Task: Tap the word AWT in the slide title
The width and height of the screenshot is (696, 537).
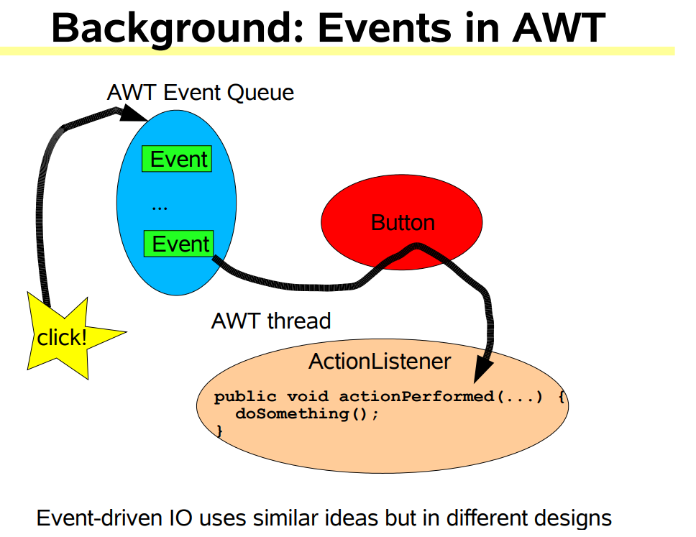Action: pos(559,27)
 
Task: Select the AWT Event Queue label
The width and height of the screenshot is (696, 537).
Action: pos(200,92)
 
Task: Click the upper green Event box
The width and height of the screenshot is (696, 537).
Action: pos(177,158)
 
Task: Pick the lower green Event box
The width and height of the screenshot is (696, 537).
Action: pos(179,243)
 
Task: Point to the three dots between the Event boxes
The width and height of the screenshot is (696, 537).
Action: pos(160,208)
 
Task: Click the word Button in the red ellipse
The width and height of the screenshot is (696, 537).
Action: pos(403,222)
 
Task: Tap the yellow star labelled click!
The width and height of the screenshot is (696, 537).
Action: pos(67,336)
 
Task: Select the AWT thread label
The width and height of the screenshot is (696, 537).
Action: pos(271,321)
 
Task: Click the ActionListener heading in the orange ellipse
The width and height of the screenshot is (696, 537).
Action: pos(380,361)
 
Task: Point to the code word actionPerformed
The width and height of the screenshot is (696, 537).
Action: pos(416,396)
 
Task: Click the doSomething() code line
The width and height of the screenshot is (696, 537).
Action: pos(307,413)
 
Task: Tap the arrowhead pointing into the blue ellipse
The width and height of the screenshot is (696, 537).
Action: pos(132,114)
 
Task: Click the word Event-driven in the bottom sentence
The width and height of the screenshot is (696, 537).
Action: pos(99,518)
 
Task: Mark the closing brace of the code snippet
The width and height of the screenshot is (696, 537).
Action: pos(219,431)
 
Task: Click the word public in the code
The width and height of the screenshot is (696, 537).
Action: pos(245,396)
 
